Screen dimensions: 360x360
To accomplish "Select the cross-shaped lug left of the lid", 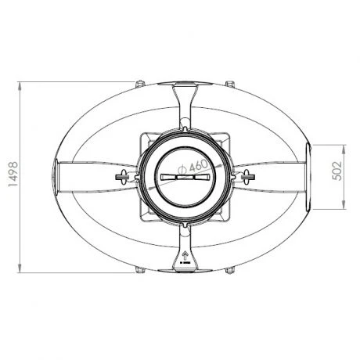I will pos(122,176).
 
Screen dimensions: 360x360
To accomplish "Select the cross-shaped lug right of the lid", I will pos(247,176).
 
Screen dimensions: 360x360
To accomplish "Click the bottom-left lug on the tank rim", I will pos(139,272).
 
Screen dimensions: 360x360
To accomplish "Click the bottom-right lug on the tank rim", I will pos(229,272).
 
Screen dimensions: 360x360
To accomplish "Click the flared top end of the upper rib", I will pos(185,87).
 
